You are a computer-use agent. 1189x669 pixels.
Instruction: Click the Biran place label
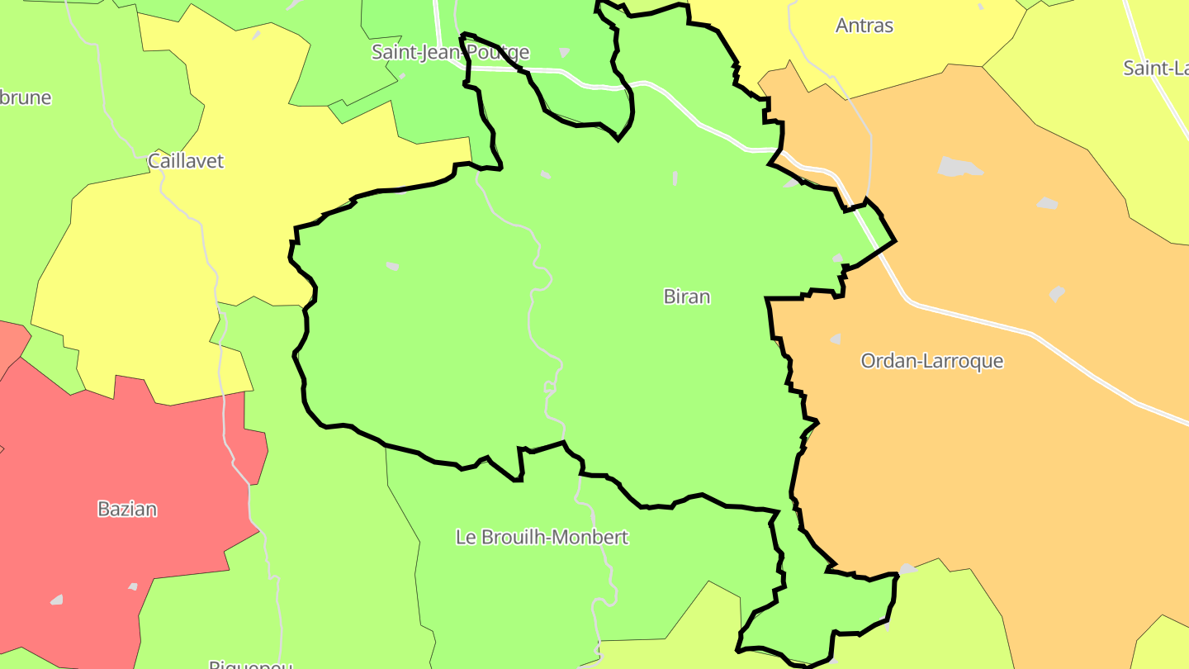686,297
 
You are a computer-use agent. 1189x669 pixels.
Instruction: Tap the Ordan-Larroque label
931,361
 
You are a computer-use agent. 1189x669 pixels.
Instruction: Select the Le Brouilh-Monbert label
542,537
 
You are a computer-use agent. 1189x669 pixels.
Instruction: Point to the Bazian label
127,509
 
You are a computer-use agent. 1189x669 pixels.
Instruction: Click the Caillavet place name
186,161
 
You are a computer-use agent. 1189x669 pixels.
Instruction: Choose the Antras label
865,26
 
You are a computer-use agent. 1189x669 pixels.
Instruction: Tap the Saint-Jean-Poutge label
450,52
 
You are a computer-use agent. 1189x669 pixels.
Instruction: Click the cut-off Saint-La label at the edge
1155,68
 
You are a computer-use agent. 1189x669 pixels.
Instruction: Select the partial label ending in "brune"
26,97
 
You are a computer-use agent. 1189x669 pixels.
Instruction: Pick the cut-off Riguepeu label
250,663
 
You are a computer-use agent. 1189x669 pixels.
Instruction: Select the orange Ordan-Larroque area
974,463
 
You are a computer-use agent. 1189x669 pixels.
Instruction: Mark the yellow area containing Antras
908,58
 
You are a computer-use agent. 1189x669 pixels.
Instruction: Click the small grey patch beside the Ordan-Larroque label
836,339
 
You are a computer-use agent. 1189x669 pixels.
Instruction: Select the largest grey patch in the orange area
960,166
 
